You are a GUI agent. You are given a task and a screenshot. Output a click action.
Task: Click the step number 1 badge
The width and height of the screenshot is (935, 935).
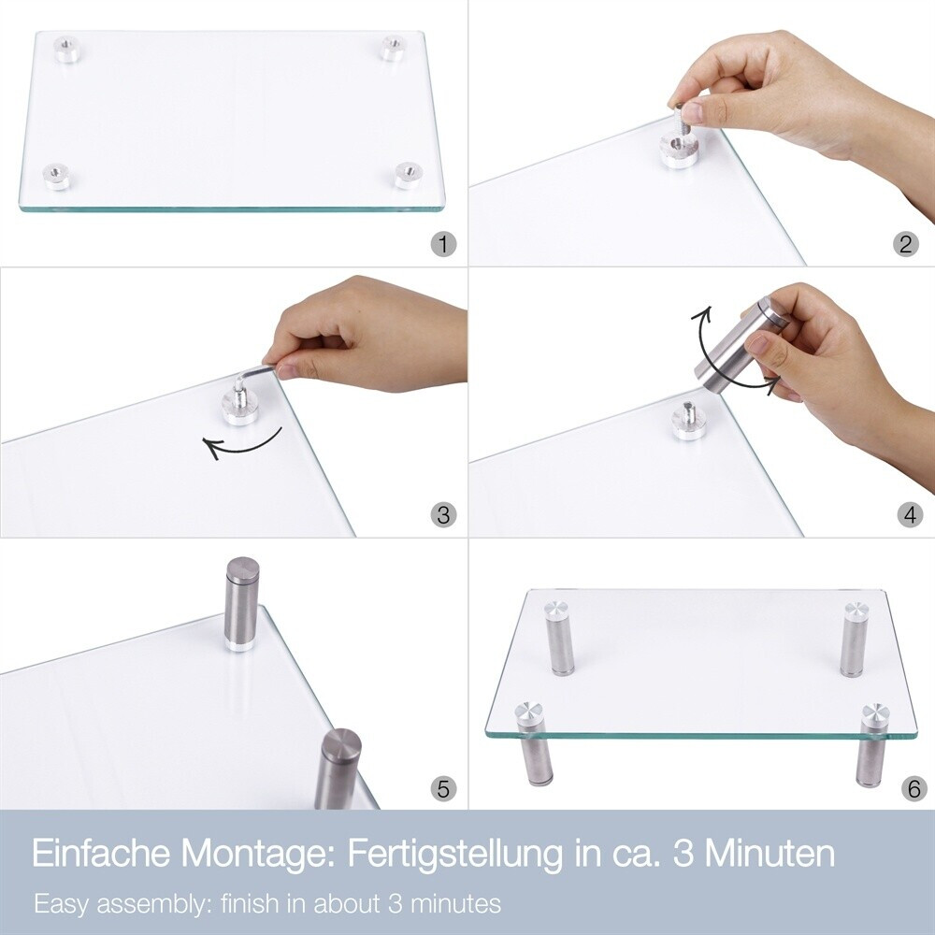tap(443, 244)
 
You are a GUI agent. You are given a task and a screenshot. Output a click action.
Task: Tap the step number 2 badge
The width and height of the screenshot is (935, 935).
tap(906, 244)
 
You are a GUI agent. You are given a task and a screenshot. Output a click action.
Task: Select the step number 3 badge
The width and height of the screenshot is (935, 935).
tap(443, 514)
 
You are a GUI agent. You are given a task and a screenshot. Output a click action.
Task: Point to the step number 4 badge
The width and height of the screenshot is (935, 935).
tap(910, 514)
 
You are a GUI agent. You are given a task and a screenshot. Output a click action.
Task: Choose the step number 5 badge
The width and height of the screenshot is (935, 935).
tap(443, 788)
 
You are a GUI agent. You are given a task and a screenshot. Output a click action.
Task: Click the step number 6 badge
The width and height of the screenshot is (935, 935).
tap(914, 788)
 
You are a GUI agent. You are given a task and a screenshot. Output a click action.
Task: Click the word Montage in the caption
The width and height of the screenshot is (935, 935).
tap(252, 855)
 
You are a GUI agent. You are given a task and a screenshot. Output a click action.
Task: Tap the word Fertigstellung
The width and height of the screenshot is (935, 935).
tap(454, 855)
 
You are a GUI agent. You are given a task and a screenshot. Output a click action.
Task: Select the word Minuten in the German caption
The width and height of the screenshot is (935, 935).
tap(770, 854)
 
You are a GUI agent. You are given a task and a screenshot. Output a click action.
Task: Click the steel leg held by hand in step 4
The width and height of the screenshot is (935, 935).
tap(740, 347)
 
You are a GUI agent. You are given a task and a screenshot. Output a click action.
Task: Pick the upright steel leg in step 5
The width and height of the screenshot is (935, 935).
tap(241, 603)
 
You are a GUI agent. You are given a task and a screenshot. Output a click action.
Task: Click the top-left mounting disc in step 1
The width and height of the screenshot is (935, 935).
tap(69, 49)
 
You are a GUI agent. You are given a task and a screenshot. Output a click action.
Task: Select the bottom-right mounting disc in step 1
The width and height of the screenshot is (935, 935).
tap(409, 176)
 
